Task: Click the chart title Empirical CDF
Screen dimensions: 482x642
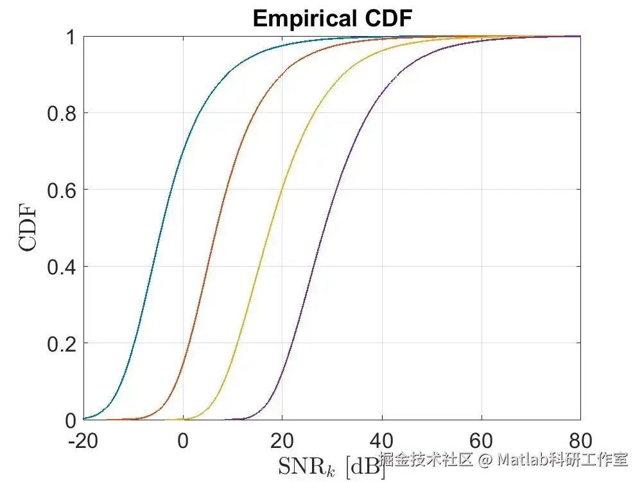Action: tap(331, 19)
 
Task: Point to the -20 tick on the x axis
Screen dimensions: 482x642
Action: tap(83, 442)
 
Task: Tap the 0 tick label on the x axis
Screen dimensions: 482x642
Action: tap(183, 442)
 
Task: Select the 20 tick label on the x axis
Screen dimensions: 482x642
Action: tap(282, 442)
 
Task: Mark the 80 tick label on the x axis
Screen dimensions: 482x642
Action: tap(580, 442)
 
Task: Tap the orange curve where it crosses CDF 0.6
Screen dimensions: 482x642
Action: tap(223, 190)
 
